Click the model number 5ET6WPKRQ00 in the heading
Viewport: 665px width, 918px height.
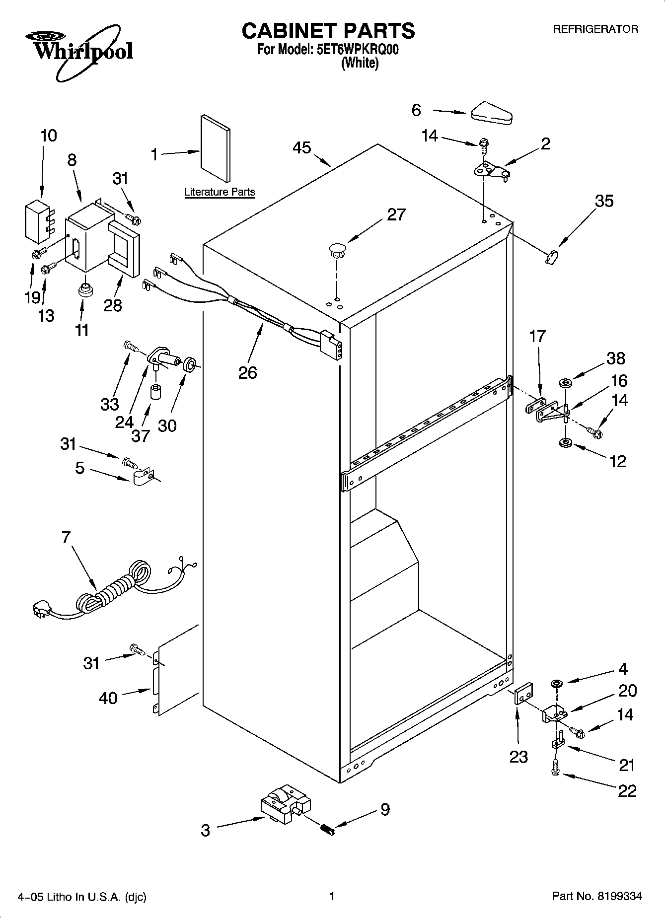point(357,50)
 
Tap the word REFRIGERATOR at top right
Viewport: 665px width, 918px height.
point(595,29)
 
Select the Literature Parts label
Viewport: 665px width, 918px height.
point(219,192)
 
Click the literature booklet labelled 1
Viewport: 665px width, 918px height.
point(216,149)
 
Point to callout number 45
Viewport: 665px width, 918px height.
point(301,147)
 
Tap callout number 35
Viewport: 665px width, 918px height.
point(604,201)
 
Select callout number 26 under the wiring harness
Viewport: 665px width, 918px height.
point(247,372)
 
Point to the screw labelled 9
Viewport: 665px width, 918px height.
point(326,829)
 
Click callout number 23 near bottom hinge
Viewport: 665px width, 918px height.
point(518,757)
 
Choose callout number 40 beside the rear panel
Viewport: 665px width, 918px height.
point(108,698)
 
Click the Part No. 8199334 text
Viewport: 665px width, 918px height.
point(597,897)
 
